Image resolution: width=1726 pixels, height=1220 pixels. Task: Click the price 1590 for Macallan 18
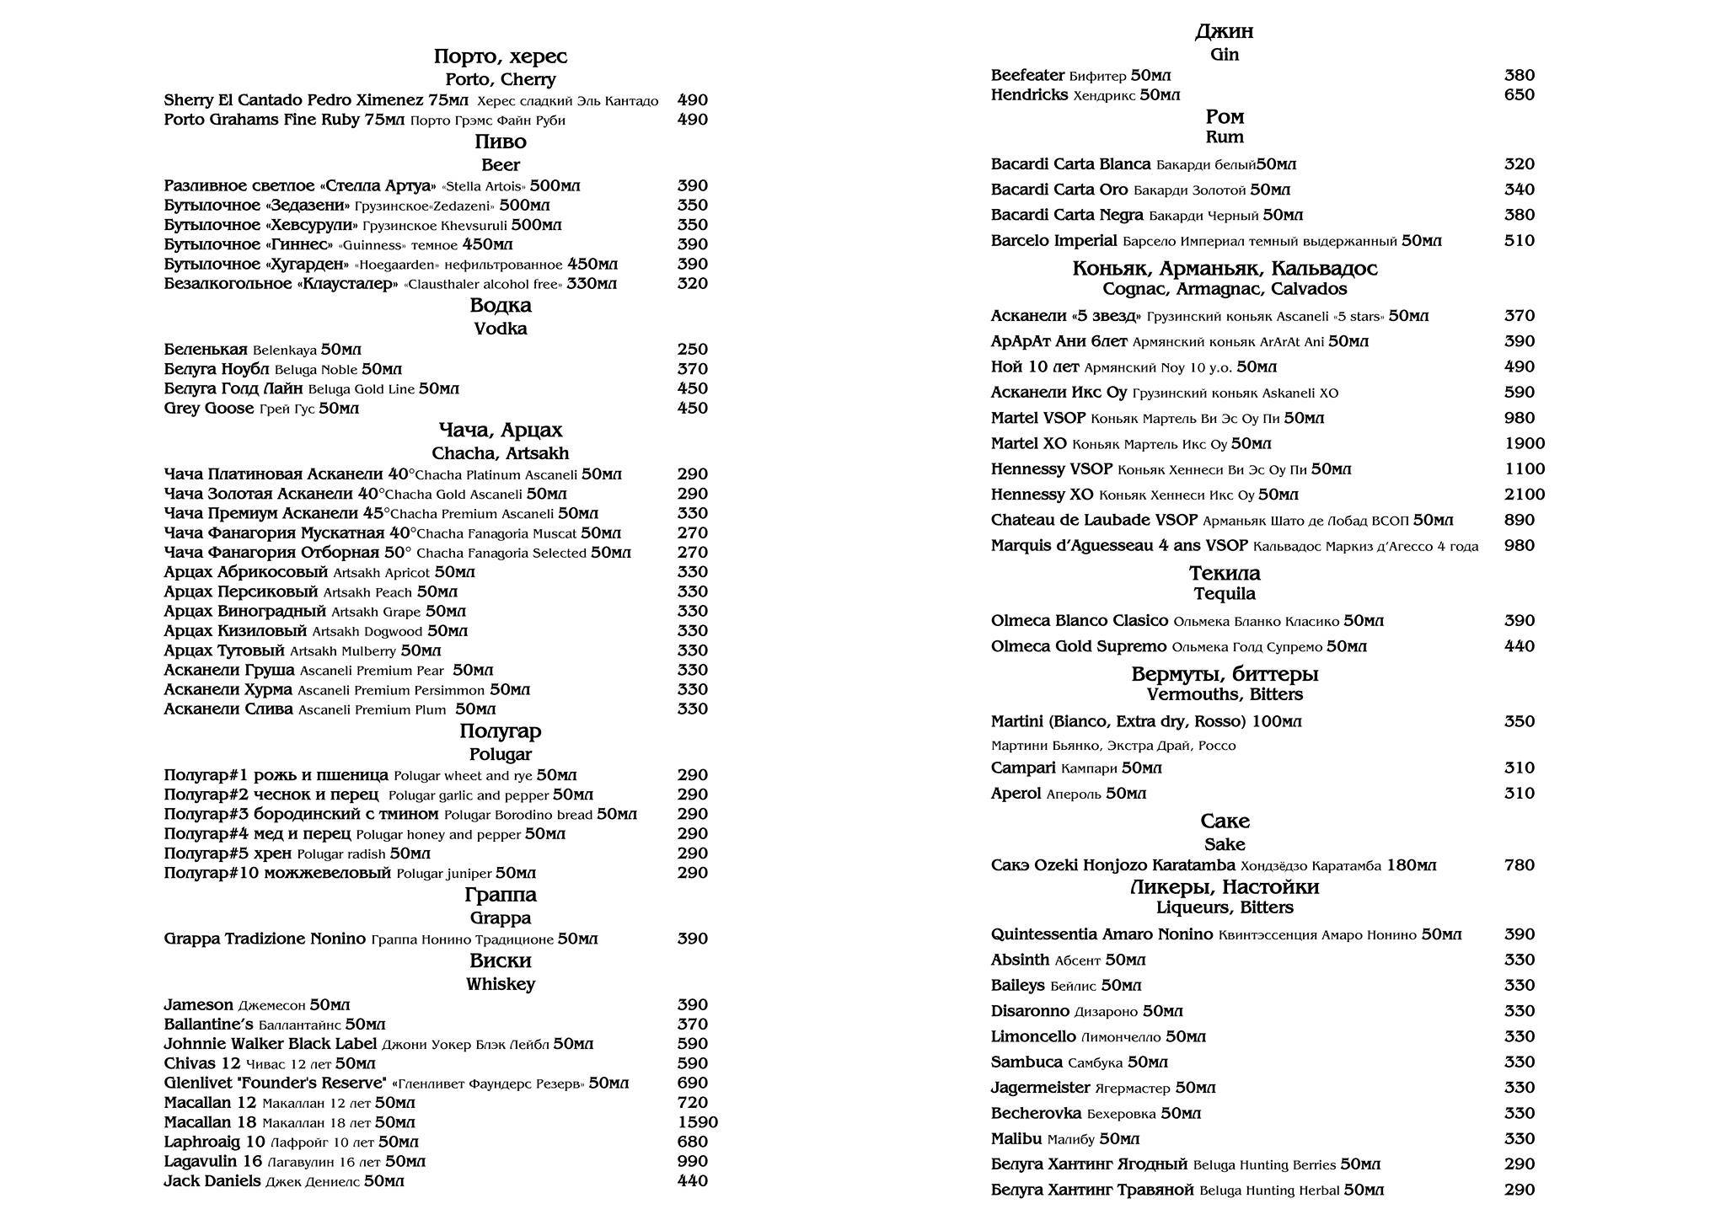(697, 1122)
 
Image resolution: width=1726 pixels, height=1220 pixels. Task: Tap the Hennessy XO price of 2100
(1525, 495)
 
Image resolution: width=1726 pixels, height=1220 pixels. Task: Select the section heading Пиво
(501, 142)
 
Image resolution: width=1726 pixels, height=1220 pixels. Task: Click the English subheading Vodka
(501, 329)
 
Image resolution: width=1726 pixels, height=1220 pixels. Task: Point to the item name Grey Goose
(209, 409)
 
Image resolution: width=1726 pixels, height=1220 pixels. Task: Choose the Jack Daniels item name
(212, 1181)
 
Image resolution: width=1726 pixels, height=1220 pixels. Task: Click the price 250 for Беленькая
(692, 350)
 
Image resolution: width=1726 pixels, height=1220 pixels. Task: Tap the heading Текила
(1225, 574)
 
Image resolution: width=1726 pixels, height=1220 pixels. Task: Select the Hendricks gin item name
(1029, 95)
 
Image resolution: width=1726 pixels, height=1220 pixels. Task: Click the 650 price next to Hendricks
(1519, 95)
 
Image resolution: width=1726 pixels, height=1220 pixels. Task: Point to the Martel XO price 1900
(1525, 444)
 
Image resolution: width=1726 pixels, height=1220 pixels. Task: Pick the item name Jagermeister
(1040, 1088)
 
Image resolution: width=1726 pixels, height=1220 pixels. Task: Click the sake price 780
(1519, 865)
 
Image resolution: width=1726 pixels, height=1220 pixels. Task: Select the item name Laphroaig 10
(214, 1142)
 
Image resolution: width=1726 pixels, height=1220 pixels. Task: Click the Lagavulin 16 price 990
(692, 1162)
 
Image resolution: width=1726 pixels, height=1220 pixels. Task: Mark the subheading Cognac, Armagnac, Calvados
(1225, 289)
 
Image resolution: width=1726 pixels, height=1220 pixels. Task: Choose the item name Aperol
(1016, 794)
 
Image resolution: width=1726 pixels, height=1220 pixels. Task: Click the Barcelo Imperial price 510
(1519, 241)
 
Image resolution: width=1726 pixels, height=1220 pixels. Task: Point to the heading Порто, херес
(501, 56)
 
